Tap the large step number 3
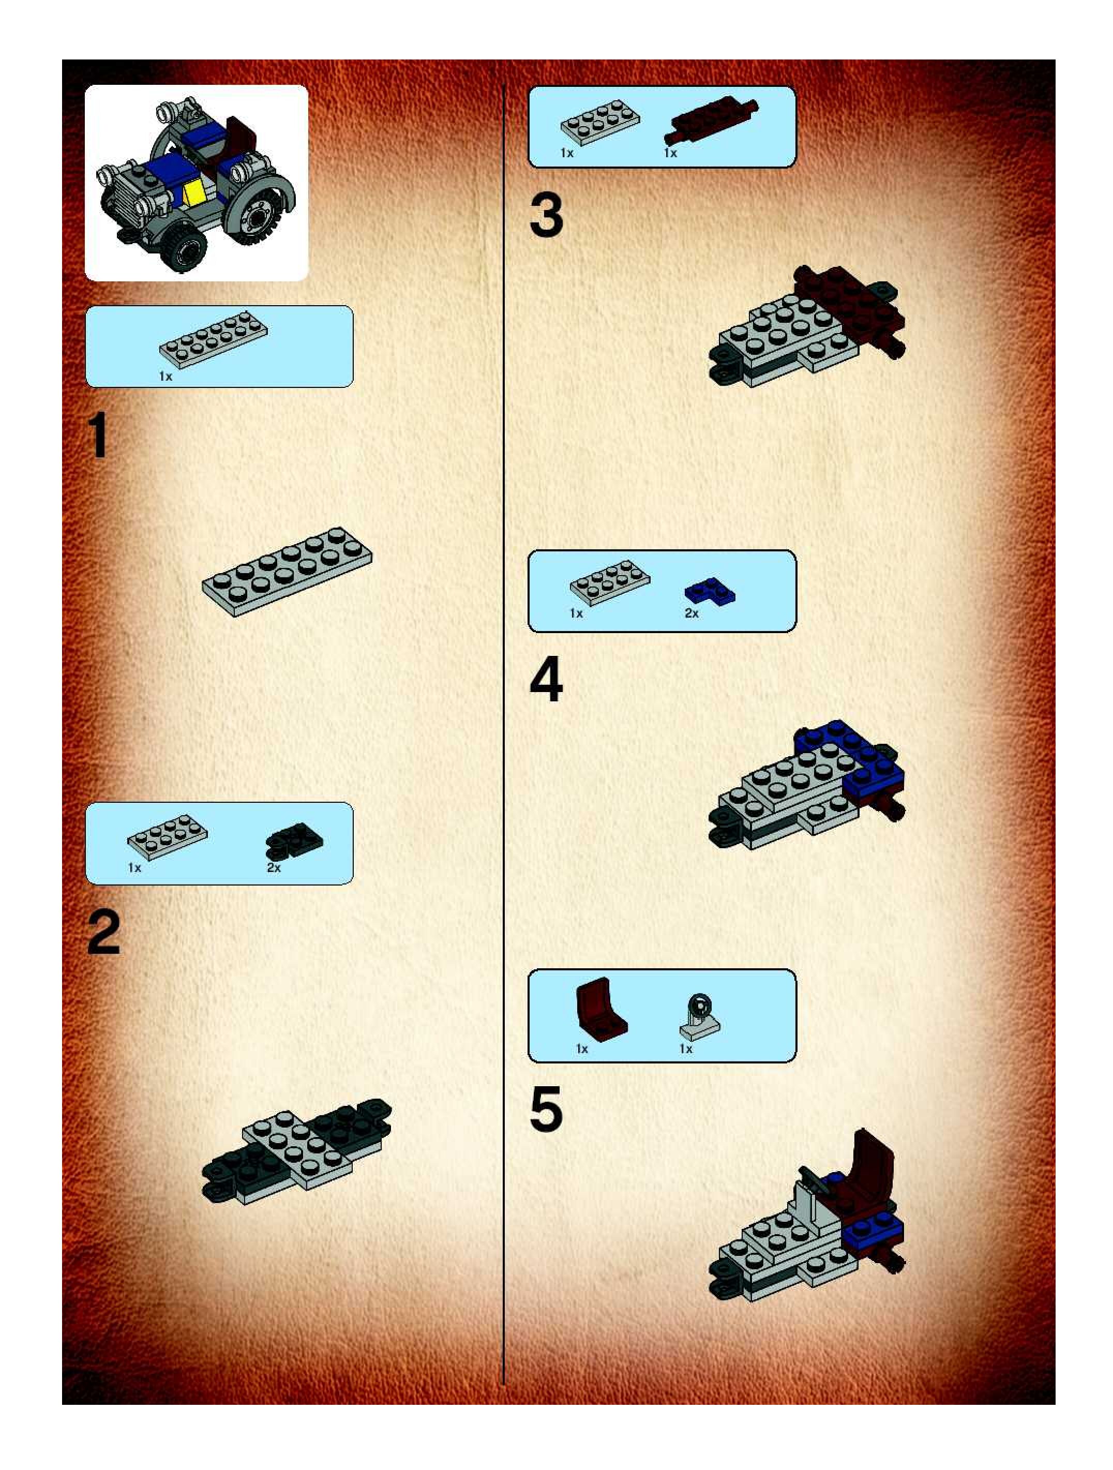546,215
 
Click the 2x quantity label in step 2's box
274,867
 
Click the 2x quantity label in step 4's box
691,613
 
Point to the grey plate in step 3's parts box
600,122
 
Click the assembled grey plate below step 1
287,572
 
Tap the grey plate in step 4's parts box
610,582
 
